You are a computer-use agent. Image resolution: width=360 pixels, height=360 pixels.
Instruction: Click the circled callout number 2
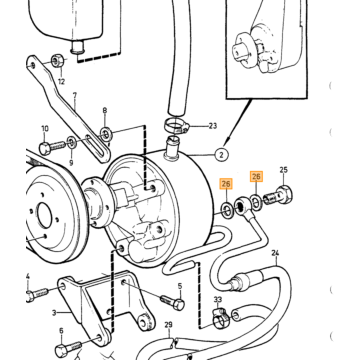pos(222,155)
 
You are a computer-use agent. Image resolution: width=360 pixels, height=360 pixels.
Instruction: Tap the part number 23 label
pos(213,126)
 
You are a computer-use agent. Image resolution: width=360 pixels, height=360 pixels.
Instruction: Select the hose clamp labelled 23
pos(176,127)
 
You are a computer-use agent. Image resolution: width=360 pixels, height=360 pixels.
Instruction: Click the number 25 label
pos(283,170)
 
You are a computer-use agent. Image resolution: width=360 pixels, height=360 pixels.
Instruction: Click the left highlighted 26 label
pos(226,184)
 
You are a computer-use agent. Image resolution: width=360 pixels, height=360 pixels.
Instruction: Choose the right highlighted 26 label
pos(256,176)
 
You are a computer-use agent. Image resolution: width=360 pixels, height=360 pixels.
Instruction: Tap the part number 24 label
pos(275,253)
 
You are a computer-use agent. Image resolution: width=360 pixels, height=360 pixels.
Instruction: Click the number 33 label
pos(218,300)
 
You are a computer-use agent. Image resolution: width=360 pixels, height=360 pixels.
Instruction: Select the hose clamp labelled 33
pos(220,318)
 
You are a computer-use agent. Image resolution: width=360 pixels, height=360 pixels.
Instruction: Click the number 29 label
pos(169,324)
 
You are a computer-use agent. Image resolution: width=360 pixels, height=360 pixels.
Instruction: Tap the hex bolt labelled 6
pos(69,348)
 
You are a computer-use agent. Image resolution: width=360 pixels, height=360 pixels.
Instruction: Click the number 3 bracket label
pos(54,313)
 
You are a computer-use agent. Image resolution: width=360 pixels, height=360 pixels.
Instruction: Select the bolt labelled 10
pos(52,147)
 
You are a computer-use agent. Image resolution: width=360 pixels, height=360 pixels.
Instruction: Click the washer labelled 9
pos(72,142)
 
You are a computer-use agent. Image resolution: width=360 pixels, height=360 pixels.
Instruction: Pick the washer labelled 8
pos(106,135)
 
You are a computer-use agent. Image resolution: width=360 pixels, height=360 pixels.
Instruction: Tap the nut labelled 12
pos(57,61)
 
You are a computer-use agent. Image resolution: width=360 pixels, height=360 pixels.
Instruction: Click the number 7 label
pos(75,96)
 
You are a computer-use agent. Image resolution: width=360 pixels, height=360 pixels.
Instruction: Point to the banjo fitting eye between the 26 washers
pos(241,207)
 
